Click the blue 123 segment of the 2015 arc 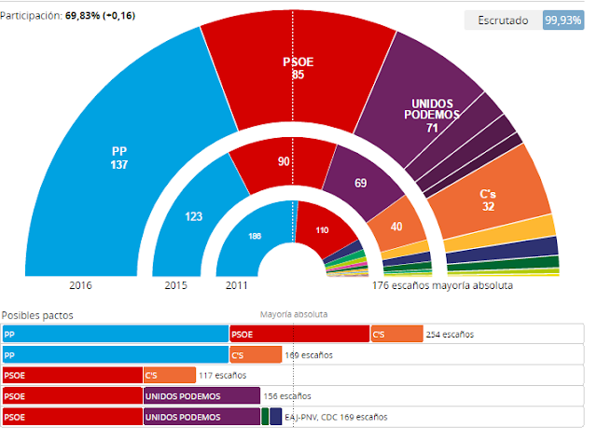(194, 216)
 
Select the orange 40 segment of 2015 (396, 227)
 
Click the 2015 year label (175, 285)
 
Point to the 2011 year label (236, 285)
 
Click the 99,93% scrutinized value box (563, 20)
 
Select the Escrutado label (504, 20)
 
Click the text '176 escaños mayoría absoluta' (442, 285)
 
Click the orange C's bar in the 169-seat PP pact (256, 354)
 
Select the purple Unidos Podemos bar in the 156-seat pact (201, 396)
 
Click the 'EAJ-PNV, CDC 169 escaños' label (336, 417)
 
